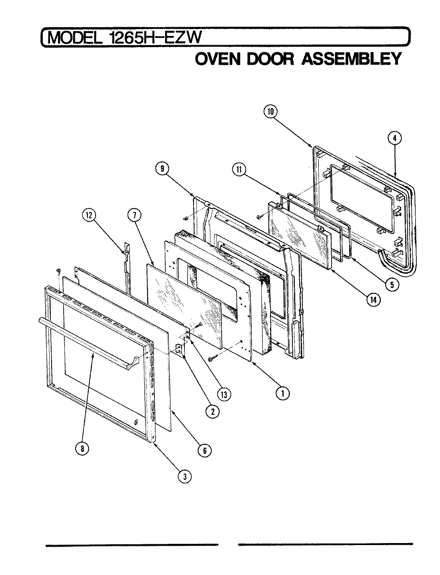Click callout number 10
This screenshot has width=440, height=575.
point(270,112)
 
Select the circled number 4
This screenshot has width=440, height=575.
point(394,138)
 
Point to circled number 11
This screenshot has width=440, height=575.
point(239,169)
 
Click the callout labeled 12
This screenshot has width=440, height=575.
point(88,216)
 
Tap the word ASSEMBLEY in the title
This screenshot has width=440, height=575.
point(350,59)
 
